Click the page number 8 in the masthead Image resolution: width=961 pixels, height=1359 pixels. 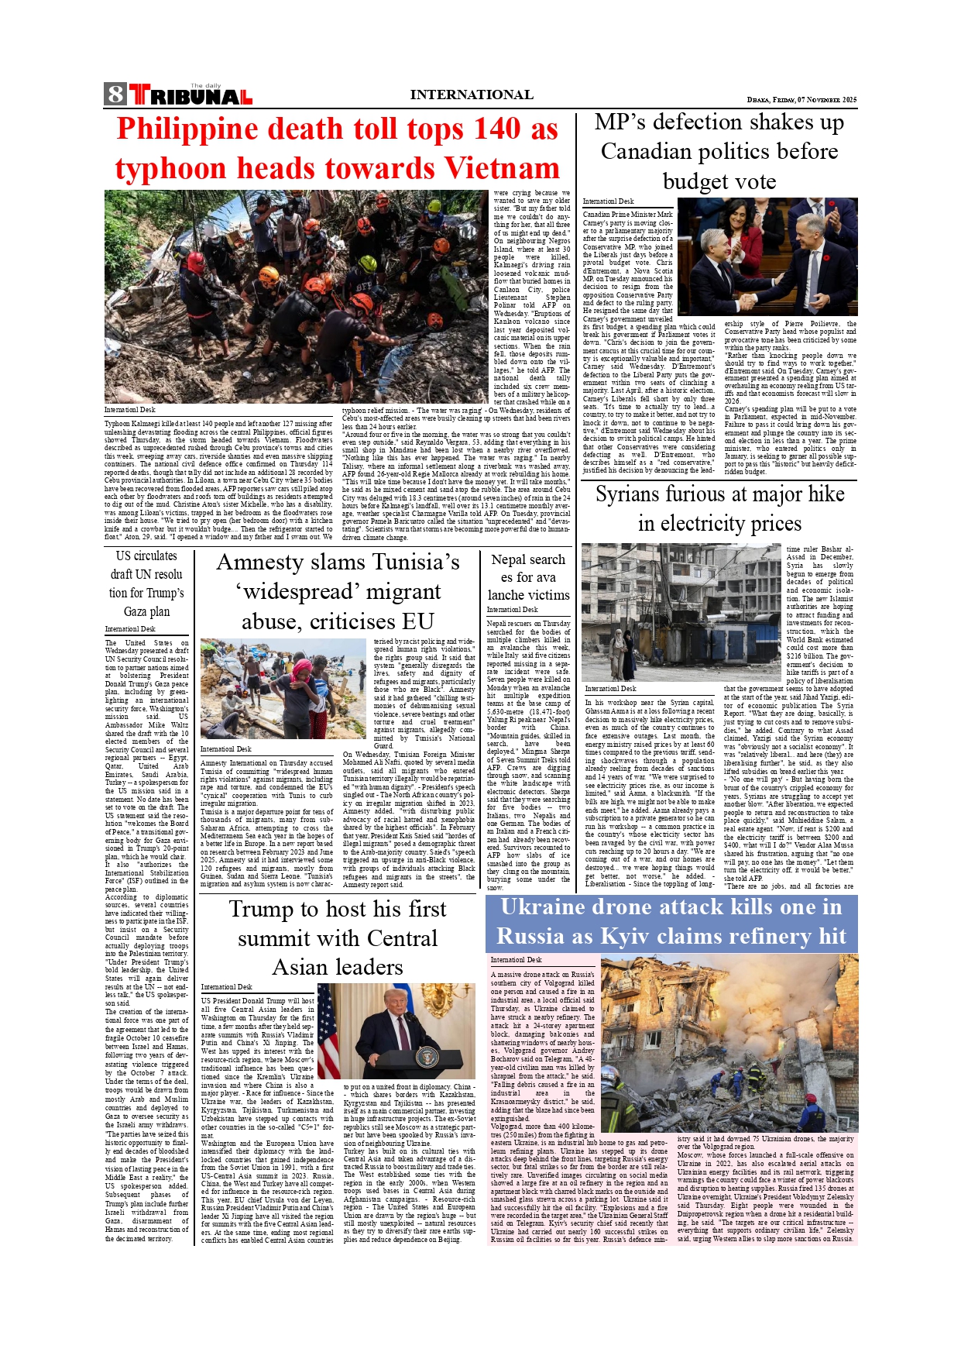point(115,95)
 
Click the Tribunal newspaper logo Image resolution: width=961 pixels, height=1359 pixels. point(190,95)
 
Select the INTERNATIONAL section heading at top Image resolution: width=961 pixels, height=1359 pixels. point(471,95)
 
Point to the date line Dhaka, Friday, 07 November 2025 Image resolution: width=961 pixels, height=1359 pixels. point(801,100)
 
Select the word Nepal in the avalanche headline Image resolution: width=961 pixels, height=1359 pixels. point(508,559)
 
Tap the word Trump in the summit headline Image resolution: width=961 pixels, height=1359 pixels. point(268,909)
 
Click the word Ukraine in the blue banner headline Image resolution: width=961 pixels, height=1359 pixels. point(554,907)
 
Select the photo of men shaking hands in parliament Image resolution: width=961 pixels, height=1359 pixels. point(767,256)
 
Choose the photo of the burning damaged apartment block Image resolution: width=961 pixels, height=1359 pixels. point(729,1043)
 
